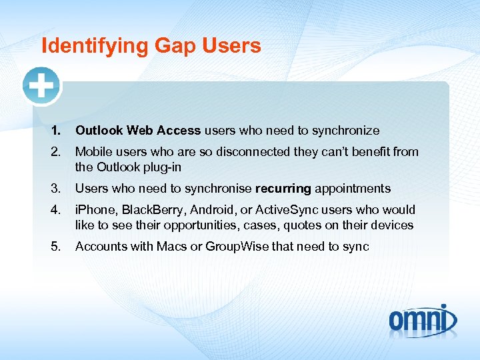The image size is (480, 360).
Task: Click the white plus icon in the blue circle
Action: [x=41, y=85]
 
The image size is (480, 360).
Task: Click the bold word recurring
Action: [x=283, y=189]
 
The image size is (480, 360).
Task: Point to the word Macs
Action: [x=173, y=247]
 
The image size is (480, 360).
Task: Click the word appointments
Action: [x=353, y=189]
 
